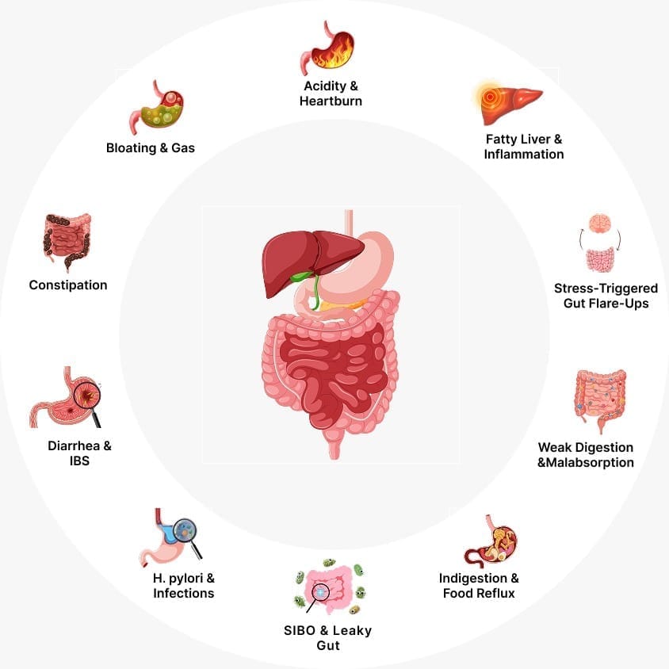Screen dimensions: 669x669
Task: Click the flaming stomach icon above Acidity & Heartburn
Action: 327,48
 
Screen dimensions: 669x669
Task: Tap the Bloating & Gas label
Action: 151,147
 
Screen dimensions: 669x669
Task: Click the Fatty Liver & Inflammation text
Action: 524,147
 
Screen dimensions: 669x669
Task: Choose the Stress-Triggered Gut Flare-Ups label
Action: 606,296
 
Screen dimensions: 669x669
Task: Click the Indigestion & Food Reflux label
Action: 480,586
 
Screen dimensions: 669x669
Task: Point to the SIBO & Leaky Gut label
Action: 327,638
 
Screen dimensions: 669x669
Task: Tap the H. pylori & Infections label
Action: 183,586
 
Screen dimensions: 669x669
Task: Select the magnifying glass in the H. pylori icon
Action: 187,532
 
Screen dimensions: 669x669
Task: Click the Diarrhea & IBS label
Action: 79,453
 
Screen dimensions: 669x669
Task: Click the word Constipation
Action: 68,285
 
